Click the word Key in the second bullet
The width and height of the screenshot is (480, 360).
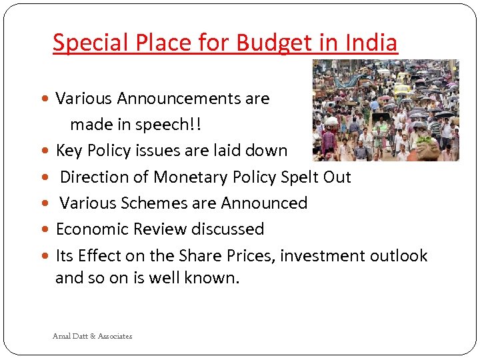[68, 151]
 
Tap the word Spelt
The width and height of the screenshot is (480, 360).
[296, 177]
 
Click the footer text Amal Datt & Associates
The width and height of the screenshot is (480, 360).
[92, 336]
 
